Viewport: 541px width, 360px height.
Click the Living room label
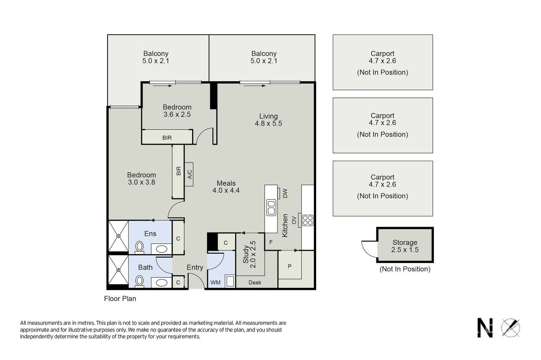[268, 116]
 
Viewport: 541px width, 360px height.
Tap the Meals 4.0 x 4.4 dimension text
[226, 190]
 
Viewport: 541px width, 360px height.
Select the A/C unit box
[189, 174]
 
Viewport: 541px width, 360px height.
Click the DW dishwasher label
[285, 194]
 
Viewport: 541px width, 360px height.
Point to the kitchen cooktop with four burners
[308, 220]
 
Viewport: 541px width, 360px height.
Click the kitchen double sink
[271, 207]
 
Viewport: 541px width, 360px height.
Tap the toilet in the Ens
[139, 247]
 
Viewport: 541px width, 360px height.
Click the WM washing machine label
[215, 282]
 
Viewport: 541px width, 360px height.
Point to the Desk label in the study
[255, 282]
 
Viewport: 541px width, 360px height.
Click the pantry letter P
[289, 267]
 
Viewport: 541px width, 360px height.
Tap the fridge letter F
[271, 242]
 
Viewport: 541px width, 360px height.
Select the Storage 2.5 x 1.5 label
[405, 246]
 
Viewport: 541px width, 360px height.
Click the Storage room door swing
[369, 249]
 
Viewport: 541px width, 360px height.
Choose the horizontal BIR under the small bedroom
[167, 138]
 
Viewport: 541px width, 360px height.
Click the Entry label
[195, 267]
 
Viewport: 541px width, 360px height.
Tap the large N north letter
[485, 328]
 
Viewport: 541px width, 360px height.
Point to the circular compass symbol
[510, 328]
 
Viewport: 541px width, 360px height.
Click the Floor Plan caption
[120, 298]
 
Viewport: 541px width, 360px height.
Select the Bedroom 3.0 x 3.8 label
[141, 178]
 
